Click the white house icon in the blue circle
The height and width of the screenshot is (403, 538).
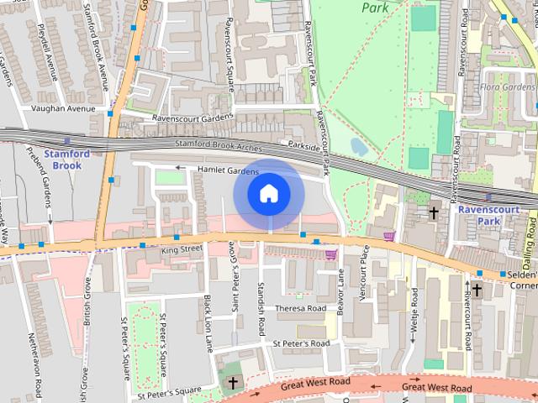(268, 194)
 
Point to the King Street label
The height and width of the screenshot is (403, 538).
(182, 249)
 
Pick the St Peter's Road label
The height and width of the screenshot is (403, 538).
(300, 343)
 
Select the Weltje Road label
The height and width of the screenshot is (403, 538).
(414, 316)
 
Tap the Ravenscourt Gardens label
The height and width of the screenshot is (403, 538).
(191, 118)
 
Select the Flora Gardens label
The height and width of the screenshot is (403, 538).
(508, 87)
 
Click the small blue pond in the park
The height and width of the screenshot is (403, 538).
(358, 146)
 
